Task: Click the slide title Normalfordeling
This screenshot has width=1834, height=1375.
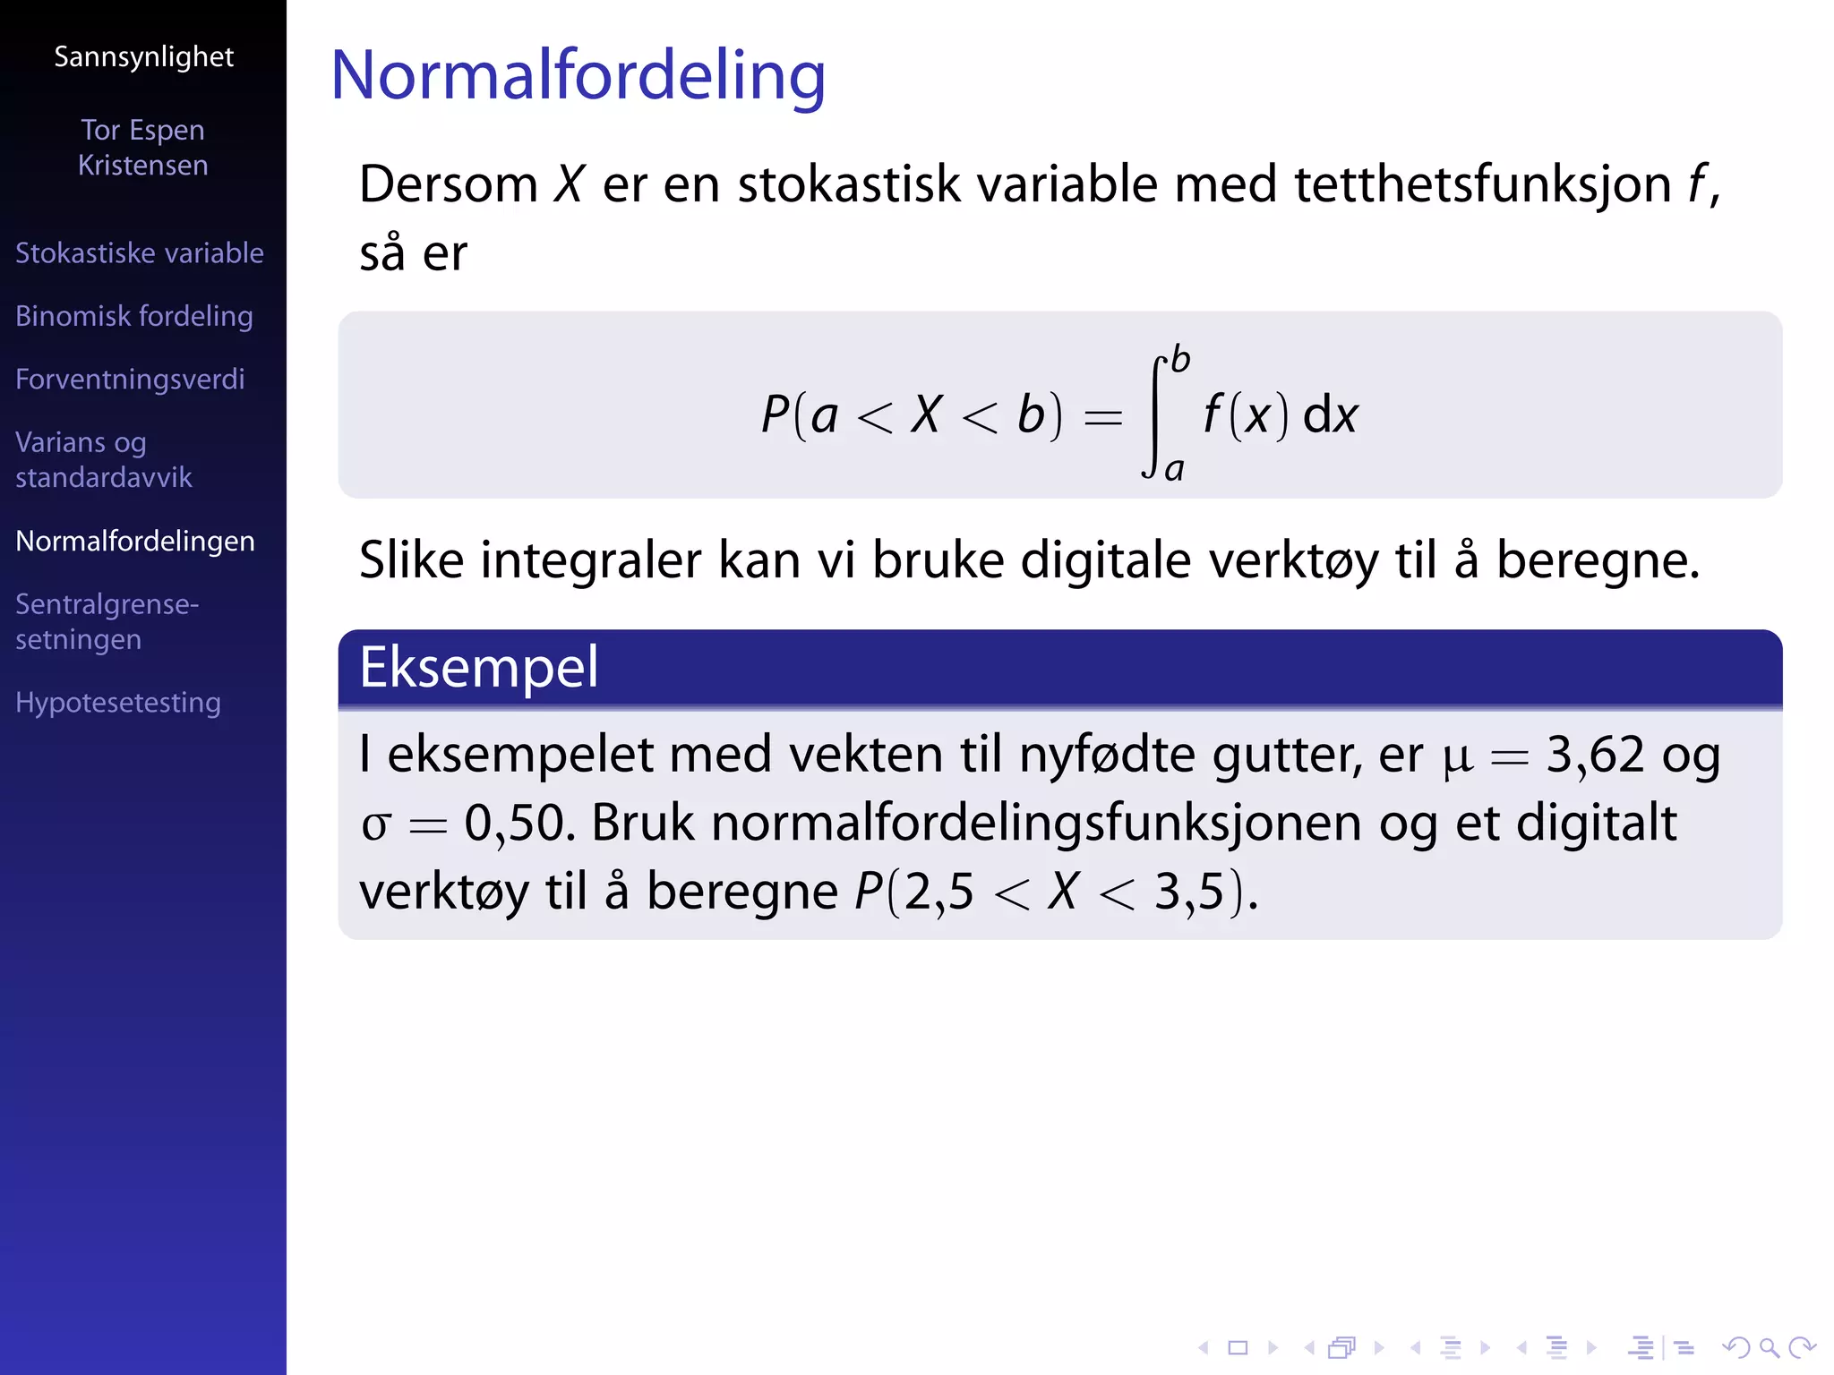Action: pos(578,76)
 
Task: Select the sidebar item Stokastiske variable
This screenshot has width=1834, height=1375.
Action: pos(139,253)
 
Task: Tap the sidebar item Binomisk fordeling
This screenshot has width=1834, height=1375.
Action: pos(134,316)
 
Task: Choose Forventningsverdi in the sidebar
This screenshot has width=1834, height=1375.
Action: pos(130,380)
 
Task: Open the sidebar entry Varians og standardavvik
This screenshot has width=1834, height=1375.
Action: pos(103,459)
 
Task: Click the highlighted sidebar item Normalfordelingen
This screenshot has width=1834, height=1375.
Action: pos(135,542)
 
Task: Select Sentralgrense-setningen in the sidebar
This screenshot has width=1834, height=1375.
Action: pos(107,621)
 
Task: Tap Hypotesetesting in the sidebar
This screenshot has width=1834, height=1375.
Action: pos(118,703)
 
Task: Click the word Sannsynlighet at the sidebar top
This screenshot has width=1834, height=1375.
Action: pos(143,57)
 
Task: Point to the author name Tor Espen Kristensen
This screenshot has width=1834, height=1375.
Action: pos(143,148)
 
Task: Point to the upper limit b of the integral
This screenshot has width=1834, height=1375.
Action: pos(1180,360)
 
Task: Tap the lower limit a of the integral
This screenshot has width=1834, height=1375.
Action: pos(1174,469)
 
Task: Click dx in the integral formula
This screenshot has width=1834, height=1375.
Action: pos(1330,415)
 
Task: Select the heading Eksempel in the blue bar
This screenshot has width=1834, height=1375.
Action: pos(478,668)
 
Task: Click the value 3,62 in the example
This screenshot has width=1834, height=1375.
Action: pos(1595,755)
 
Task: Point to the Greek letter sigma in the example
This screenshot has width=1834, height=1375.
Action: pos(375,825)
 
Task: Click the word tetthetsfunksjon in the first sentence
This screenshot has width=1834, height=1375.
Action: pos(1482,185)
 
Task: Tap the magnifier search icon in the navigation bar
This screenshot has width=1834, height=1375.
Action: pos(1769,1347)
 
